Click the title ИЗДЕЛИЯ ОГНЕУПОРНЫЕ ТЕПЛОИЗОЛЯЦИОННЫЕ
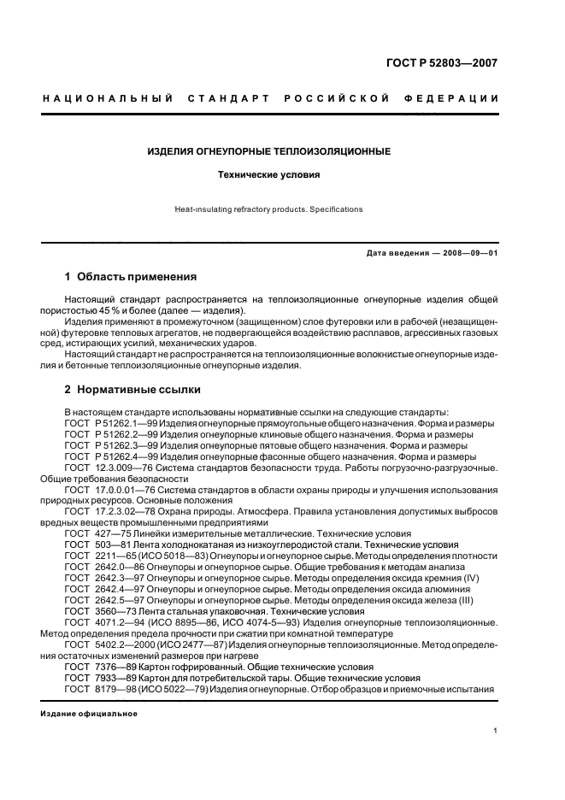(268, 151)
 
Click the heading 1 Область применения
(131, 277)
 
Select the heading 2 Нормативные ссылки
(132, 390)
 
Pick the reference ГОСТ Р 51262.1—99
(110, 423)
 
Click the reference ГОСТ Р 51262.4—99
(110, 456)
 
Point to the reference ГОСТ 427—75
(97, 532)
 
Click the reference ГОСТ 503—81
(97, 544)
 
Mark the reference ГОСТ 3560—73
(100, 611)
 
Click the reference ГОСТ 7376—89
(100, 667)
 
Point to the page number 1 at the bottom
(496, 731)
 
